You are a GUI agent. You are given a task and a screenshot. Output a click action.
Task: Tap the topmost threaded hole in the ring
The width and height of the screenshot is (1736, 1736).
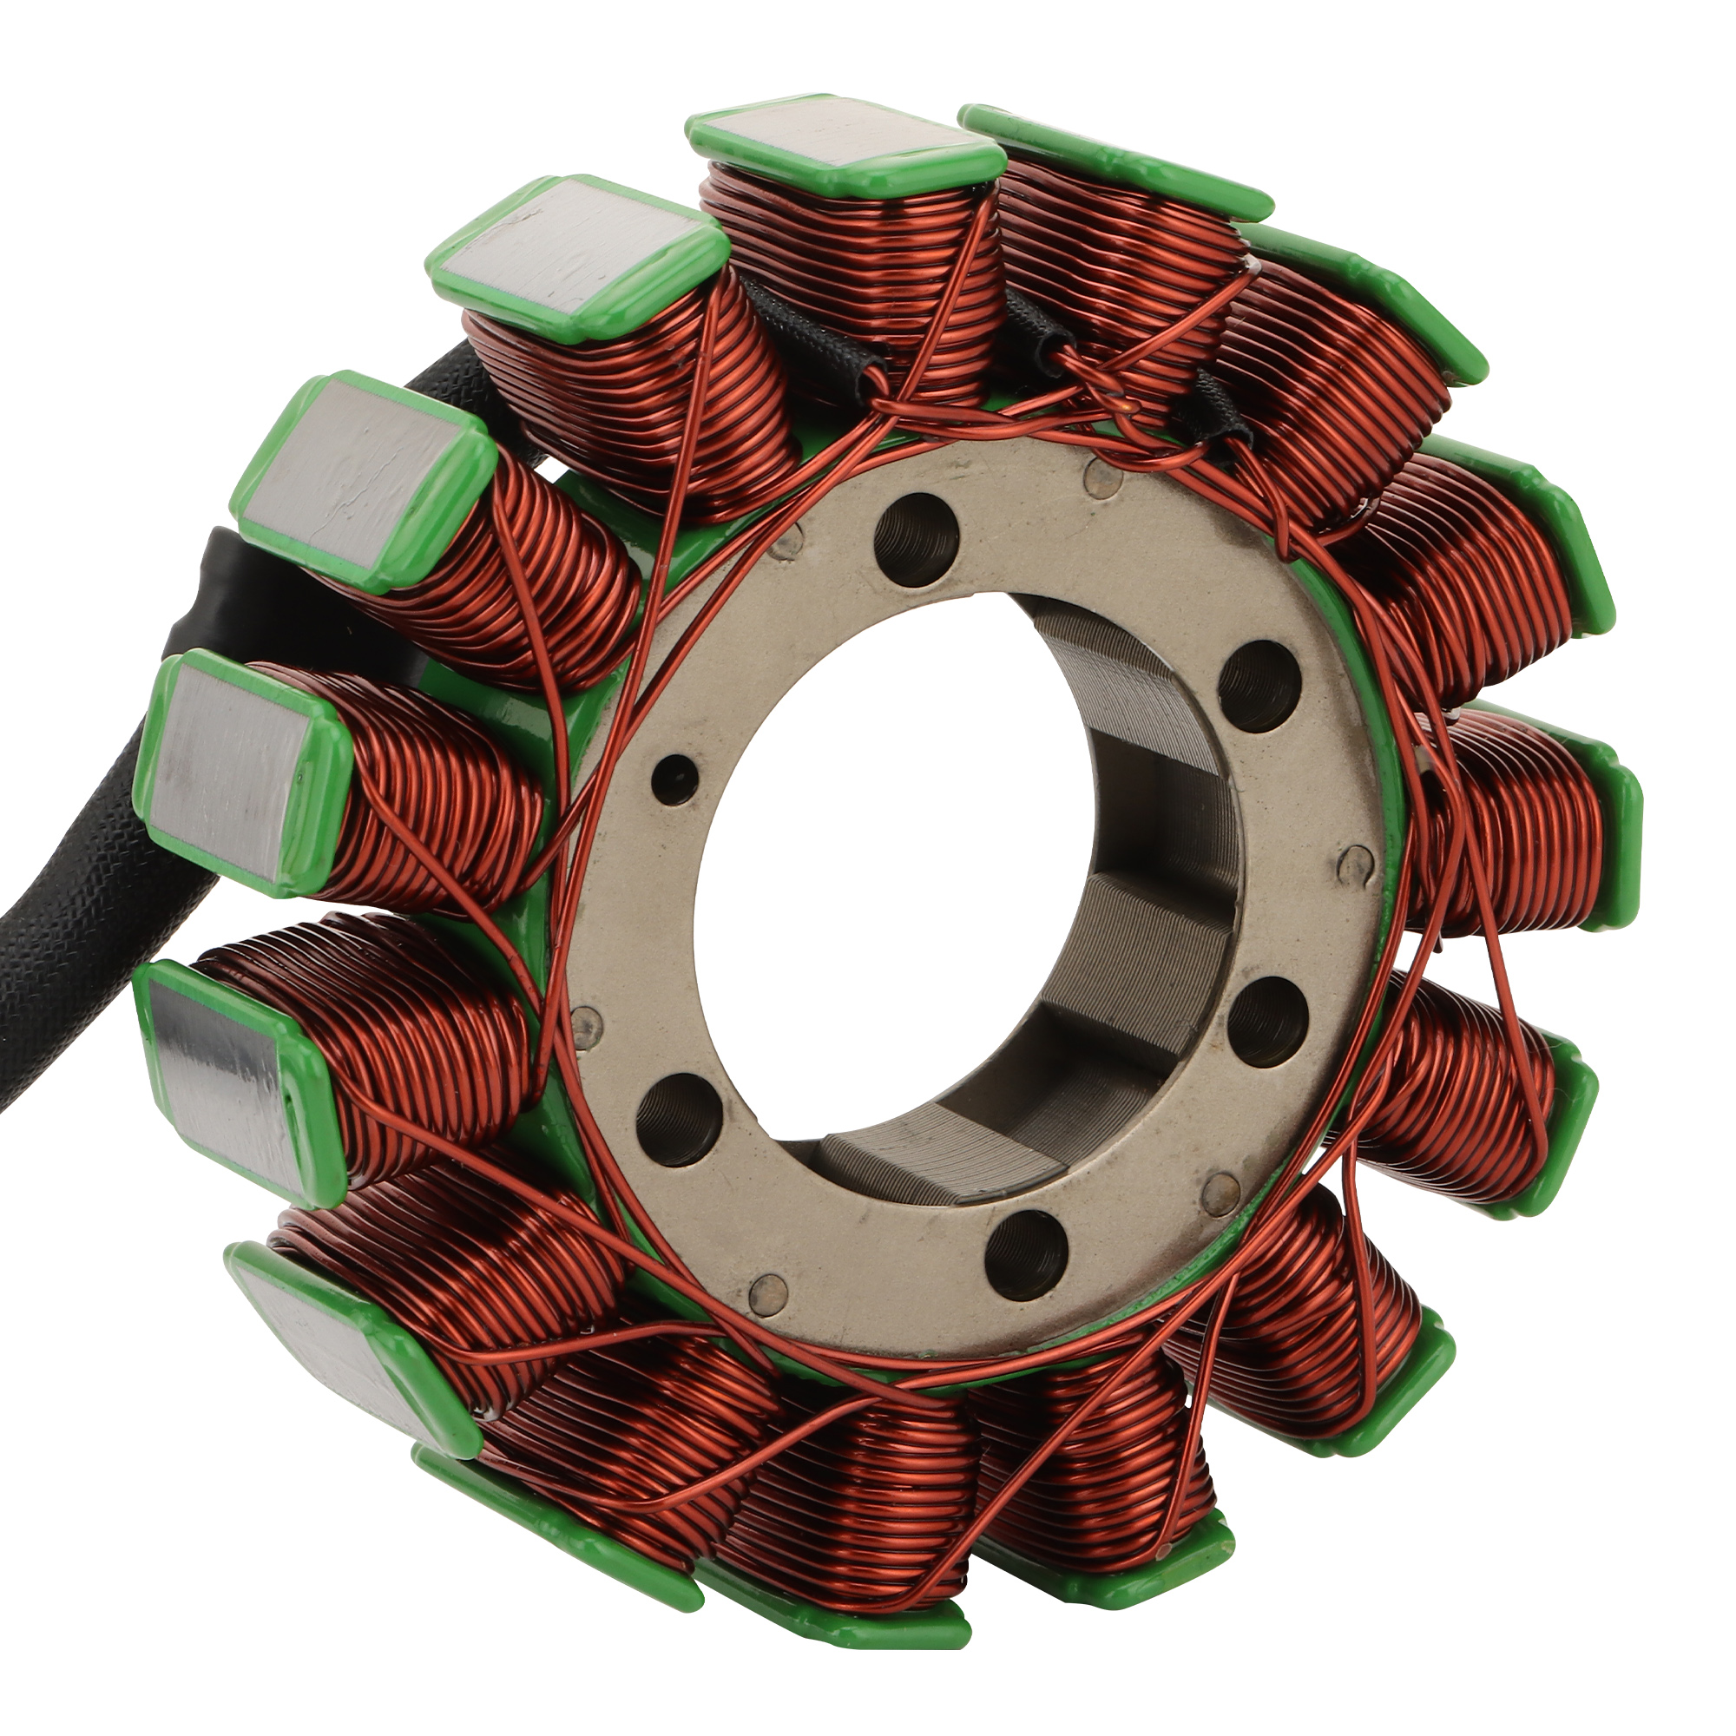coord(915,539)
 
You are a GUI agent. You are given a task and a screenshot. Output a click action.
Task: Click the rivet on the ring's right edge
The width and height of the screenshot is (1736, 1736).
coord(1354,864)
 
